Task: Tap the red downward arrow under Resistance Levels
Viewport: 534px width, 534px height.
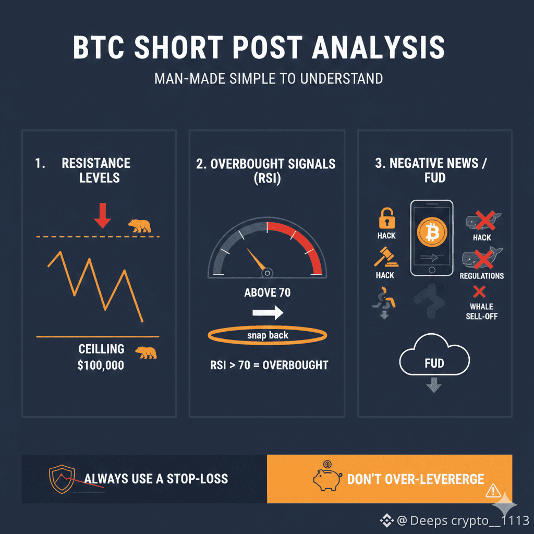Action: pos(103,215)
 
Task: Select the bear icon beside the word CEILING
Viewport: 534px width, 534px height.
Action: pos(146,352)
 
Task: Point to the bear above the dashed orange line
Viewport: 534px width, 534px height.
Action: pos(140,226)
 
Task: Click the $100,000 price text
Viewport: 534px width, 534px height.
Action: pos(101,365)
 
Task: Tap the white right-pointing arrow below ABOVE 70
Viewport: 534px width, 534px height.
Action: pos(267,312)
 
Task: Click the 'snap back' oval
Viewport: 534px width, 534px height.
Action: pos(267,335)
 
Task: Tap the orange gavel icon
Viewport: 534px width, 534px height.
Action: pos(386,258)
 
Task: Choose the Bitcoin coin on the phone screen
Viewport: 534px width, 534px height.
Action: pos(432,233)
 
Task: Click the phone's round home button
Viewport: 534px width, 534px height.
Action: pos(432,270)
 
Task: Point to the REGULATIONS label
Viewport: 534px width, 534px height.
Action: pos(481,276)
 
